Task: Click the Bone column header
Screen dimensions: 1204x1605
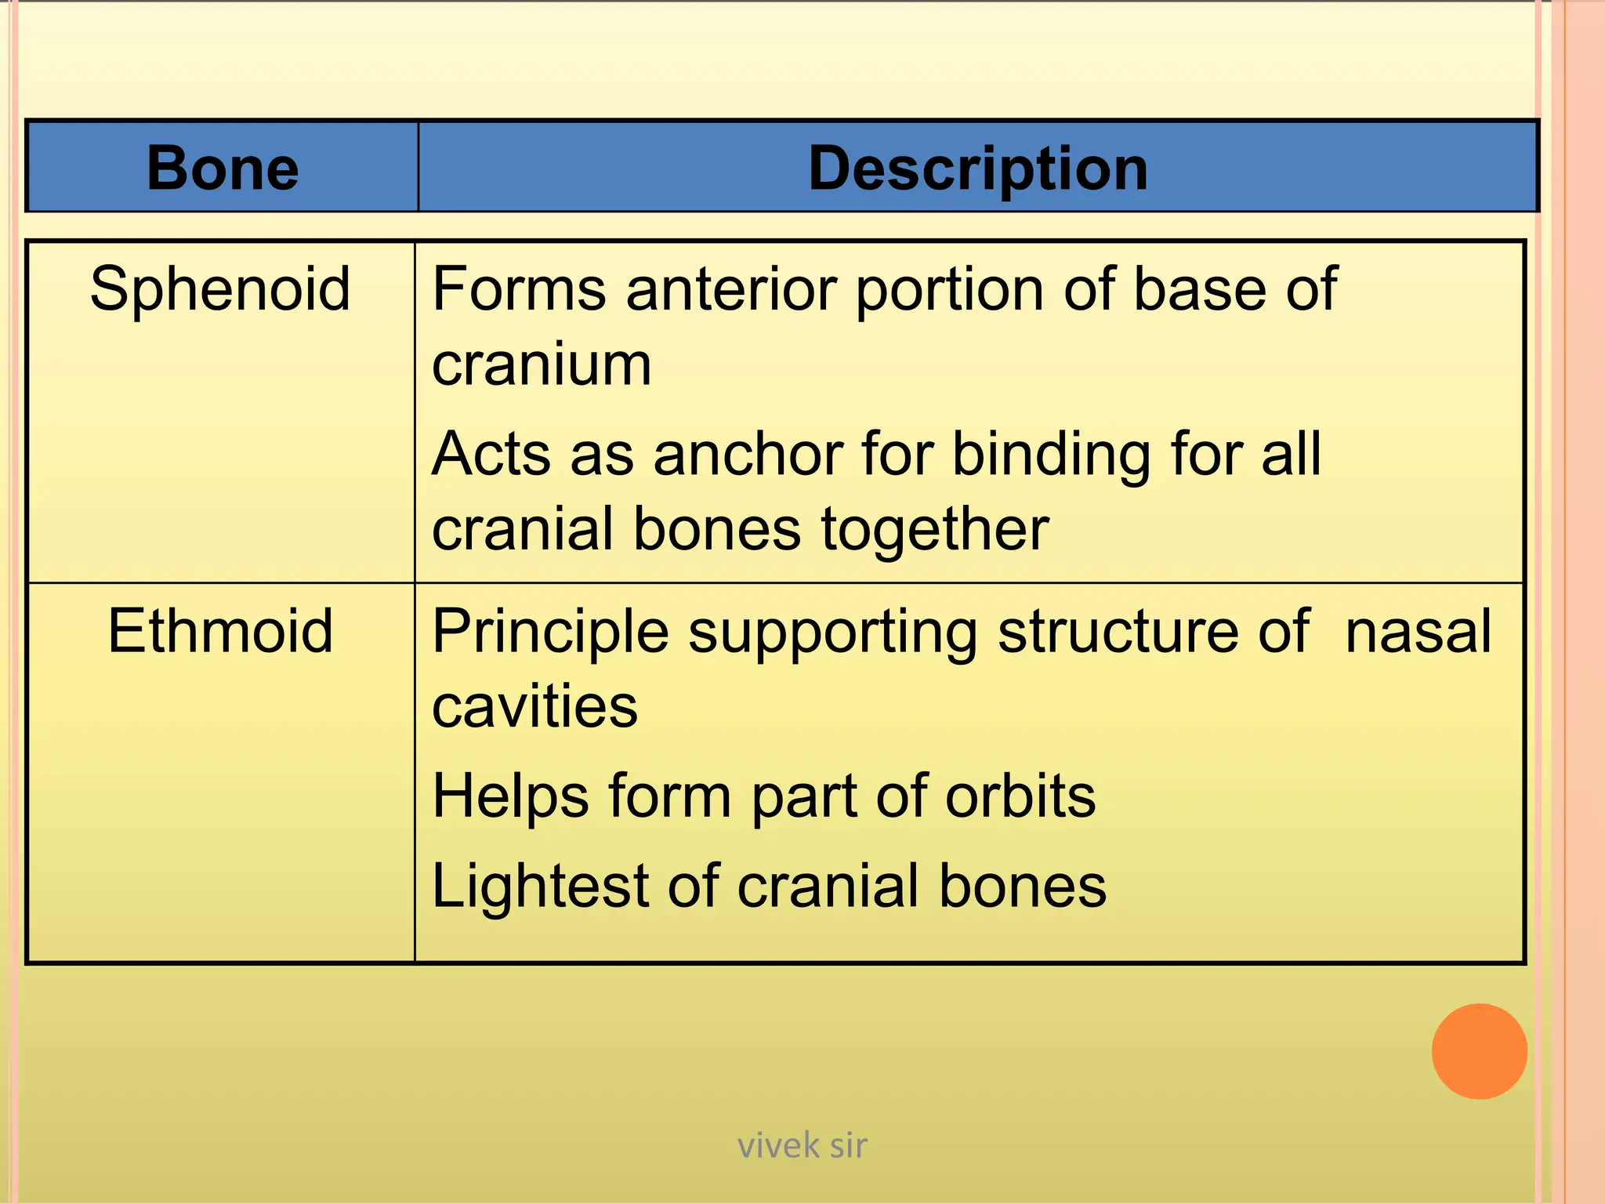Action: pos(223,169)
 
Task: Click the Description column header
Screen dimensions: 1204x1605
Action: pos(977,169)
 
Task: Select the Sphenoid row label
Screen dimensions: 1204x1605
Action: pos(220,289)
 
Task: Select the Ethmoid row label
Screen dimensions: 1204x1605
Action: pos(220,631)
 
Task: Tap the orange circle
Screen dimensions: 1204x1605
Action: pos(1479,1051)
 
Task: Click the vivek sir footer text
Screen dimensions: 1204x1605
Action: pos(802,1146)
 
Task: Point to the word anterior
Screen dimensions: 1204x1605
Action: pos(733,289)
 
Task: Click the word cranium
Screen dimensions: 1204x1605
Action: pos(542,364)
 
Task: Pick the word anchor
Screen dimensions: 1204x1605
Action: pos(748,454)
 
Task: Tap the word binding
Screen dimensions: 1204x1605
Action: pos(1051,455)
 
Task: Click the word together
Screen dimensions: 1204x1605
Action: pos(935,529)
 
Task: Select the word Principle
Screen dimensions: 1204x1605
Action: pos(550,633)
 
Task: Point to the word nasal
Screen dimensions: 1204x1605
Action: pos(1418,631)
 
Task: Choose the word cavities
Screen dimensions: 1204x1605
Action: pos(534,706)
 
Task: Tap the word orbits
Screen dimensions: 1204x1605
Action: pos(1020,796)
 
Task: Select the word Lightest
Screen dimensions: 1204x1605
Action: pos(540,887)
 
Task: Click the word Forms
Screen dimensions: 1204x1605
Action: pos(519,289)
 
